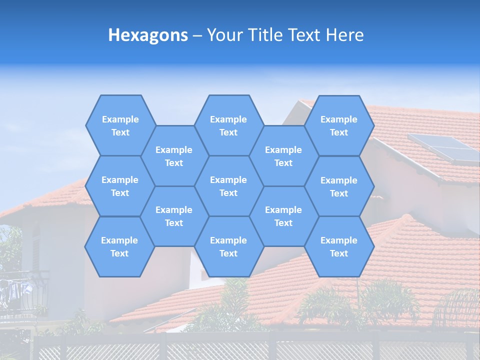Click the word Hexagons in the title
click(x=148, y=35)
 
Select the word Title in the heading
click(x=266, y=35)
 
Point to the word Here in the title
click(x=344, y=35)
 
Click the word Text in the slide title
click(x=305, y=35)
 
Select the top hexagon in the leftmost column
click(x=120, y=125)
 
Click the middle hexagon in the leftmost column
click(x=120, y=186)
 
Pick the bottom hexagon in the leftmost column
click(x=119, y=246)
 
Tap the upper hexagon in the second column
click(x=174, y=156)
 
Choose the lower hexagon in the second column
click(x=174, y=216)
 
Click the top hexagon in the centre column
click(x=228, y=125)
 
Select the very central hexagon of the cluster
click(x=228, y=186)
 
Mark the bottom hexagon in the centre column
click(x=228, y=246)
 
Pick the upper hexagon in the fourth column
click(x=283, y=156)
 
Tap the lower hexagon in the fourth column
click(x=283, y=216)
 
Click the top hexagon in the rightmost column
click(x=339, y=125)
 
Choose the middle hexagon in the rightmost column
click(x=339, y=186)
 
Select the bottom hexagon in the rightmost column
click(x=339, y=246)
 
